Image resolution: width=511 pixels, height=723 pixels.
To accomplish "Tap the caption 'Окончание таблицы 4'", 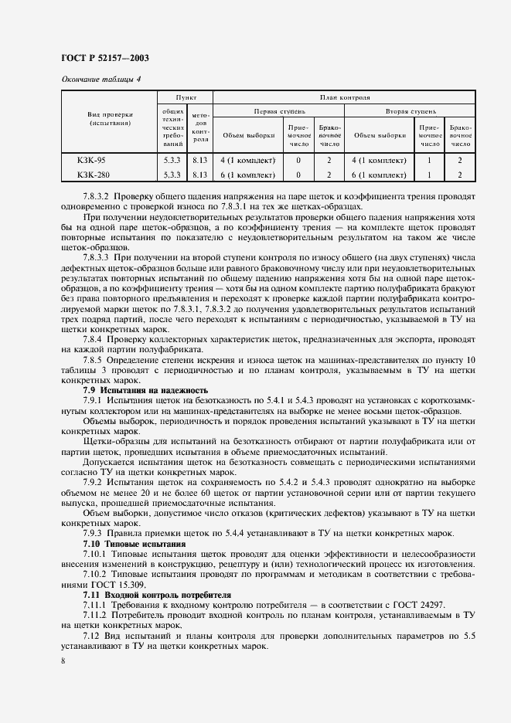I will [x=100, y=79].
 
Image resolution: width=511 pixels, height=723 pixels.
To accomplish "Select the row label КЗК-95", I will [x=91, y=161].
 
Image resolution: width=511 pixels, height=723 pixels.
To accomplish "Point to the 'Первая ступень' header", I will [x=278, y=110].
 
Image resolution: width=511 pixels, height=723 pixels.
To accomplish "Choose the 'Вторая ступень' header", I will [x=410, y=110].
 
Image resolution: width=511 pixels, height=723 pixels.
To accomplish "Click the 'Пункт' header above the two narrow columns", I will [x=186, y=99].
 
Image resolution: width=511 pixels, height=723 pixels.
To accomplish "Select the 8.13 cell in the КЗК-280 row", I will [x=200, y=175].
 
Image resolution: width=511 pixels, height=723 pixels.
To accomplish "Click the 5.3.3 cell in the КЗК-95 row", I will [x=172, y=161].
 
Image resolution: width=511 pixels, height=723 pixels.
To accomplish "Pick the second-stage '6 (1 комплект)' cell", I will [x=379, y=175].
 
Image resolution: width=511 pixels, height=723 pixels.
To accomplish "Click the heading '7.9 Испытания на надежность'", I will [x=145, y=391].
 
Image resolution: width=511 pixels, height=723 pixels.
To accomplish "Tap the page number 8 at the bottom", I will [x=63, y=662].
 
